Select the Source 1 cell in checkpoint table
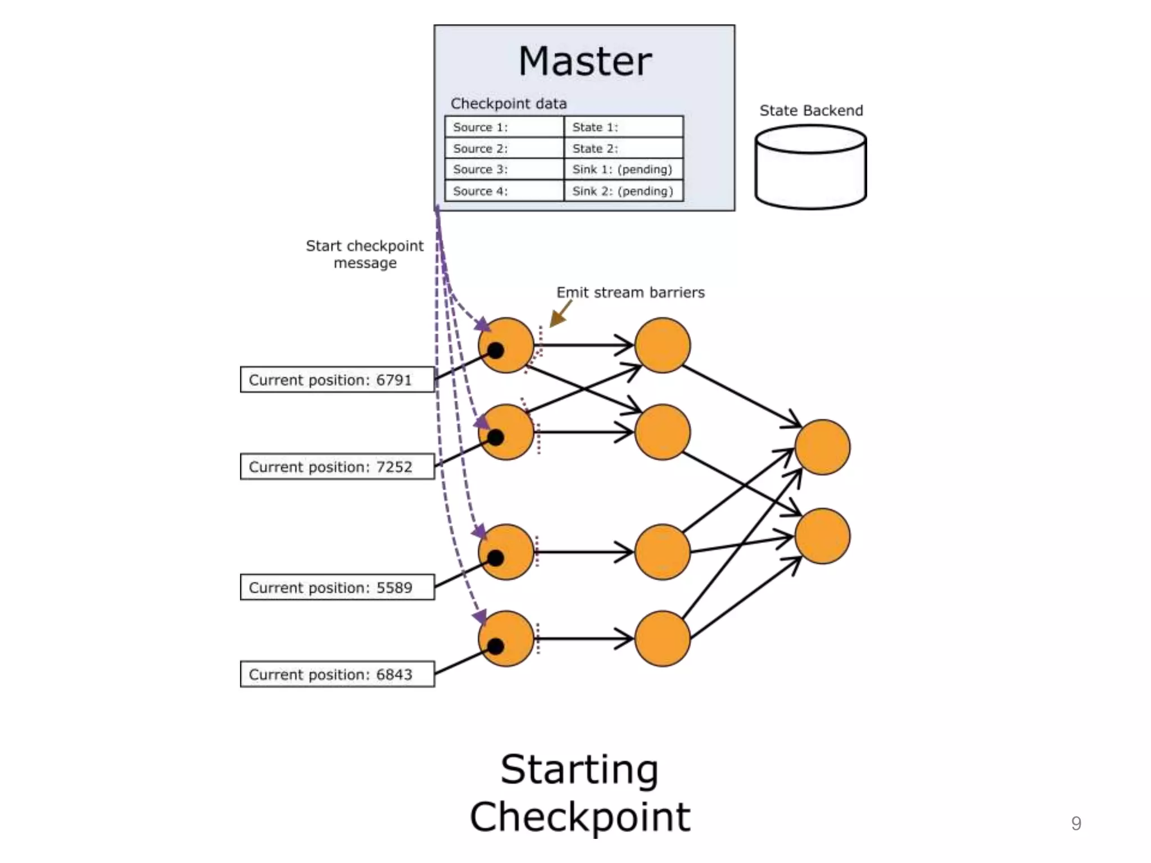504,127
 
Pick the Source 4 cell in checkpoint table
504,191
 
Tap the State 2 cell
623,148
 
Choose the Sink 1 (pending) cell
623,170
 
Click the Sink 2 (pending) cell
623,191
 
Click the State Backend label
811,111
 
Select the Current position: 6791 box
337,380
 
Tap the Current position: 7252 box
337,466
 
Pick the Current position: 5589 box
337,587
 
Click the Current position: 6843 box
337,674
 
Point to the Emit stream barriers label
630,293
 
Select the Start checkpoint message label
365,254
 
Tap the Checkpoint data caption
509,103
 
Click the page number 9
1076,823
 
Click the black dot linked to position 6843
496,647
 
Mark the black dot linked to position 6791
496,351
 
